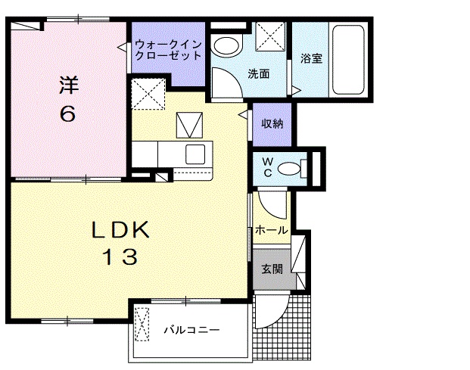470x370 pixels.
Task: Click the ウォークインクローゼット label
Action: click(x=168, y=50)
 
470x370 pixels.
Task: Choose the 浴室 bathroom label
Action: click(x=311, y=58)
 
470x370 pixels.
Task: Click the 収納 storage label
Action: click(x=272, y=123)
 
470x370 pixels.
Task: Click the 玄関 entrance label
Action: click(x=272, y=269)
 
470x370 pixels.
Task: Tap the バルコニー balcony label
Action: click(x=192, y=331)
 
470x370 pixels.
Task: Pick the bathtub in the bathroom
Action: click(x=349, y=59)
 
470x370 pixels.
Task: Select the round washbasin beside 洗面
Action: click(x=225, y=44)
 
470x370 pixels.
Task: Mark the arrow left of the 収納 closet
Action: click(x=243, y=115)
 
